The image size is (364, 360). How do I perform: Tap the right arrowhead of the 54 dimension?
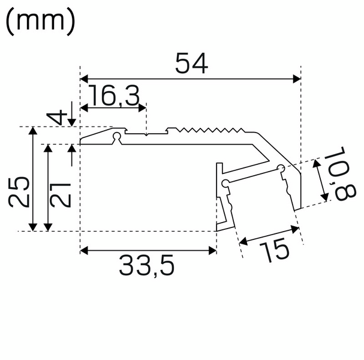point(295,78)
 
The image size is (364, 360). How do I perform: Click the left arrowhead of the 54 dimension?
point(85,78)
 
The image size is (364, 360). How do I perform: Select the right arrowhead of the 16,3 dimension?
point(142,108)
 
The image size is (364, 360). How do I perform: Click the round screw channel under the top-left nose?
point(118,137)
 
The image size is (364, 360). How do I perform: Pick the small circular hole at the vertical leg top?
point(224,182)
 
